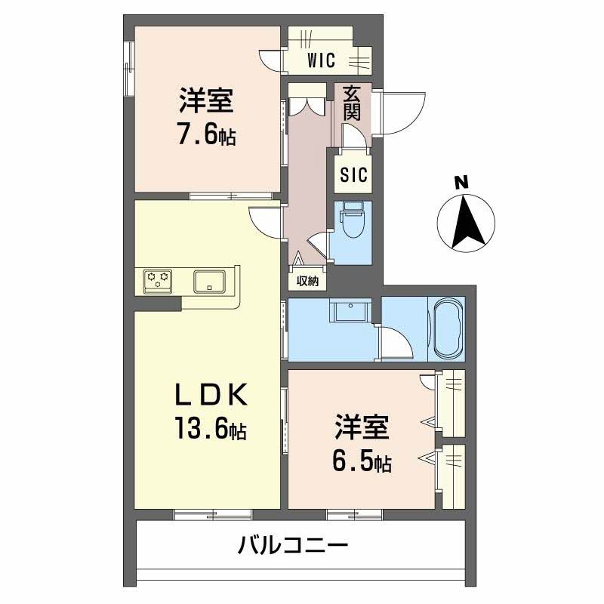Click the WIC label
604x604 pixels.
click(x=321, y=61)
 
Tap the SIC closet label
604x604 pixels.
click(x=353, y=175)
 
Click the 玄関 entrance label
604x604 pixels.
click(x=352, y=104)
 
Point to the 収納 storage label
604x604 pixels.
click(x=307, y=281)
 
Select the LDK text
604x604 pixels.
click(x=207, y=396)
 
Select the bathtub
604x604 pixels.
click(x=446, y=328)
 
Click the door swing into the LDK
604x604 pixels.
click(x=265, y=221)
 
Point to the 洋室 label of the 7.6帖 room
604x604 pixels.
click(x=205, y=101)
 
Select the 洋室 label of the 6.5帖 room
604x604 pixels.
click(x=362, y=428)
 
